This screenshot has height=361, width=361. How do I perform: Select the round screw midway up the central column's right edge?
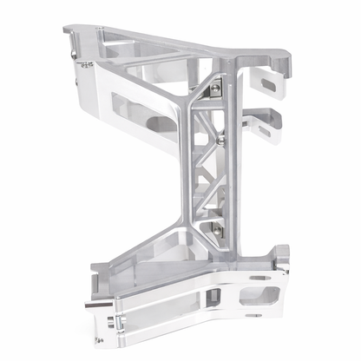[x=223, y=137]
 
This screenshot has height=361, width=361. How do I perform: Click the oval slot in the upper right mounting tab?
[x=267, y=83]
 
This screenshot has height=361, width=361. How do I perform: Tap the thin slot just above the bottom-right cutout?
[x=259, y=279]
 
